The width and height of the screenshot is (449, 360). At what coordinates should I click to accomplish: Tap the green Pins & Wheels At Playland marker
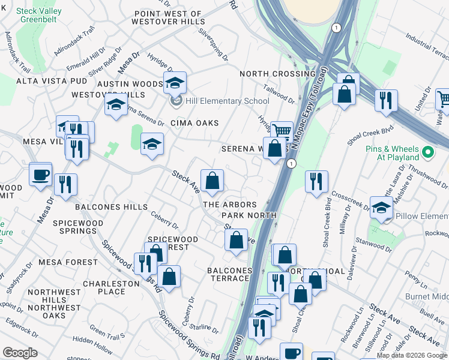428,152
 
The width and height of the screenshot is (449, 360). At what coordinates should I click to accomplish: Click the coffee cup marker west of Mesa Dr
41,175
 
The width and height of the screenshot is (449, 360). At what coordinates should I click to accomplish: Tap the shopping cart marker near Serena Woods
281,131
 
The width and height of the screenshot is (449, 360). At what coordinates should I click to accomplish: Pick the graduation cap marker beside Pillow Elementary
381,208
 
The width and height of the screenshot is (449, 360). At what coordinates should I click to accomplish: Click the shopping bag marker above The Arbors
212,181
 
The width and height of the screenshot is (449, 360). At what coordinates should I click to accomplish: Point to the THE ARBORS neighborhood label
230,205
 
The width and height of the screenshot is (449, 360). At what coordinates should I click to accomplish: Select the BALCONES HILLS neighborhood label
111,207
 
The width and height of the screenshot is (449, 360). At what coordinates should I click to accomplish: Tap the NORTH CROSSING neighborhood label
277,74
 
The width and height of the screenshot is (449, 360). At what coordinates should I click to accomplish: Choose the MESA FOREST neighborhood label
68,262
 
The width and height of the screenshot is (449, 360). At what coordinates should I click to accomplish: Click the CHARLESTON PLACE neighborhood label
104,287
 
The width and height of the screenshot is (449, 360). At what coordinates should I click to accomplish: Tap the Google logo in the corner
20,353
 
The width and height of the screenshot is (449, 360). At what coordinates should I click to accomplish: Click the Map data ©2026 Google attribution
411,355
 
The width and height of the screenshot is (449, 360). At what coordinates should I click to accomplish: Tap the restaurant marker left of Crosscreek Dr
316,182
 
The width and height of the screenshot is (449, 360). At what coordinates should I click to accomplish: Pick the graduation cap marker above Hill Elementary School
175,83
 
